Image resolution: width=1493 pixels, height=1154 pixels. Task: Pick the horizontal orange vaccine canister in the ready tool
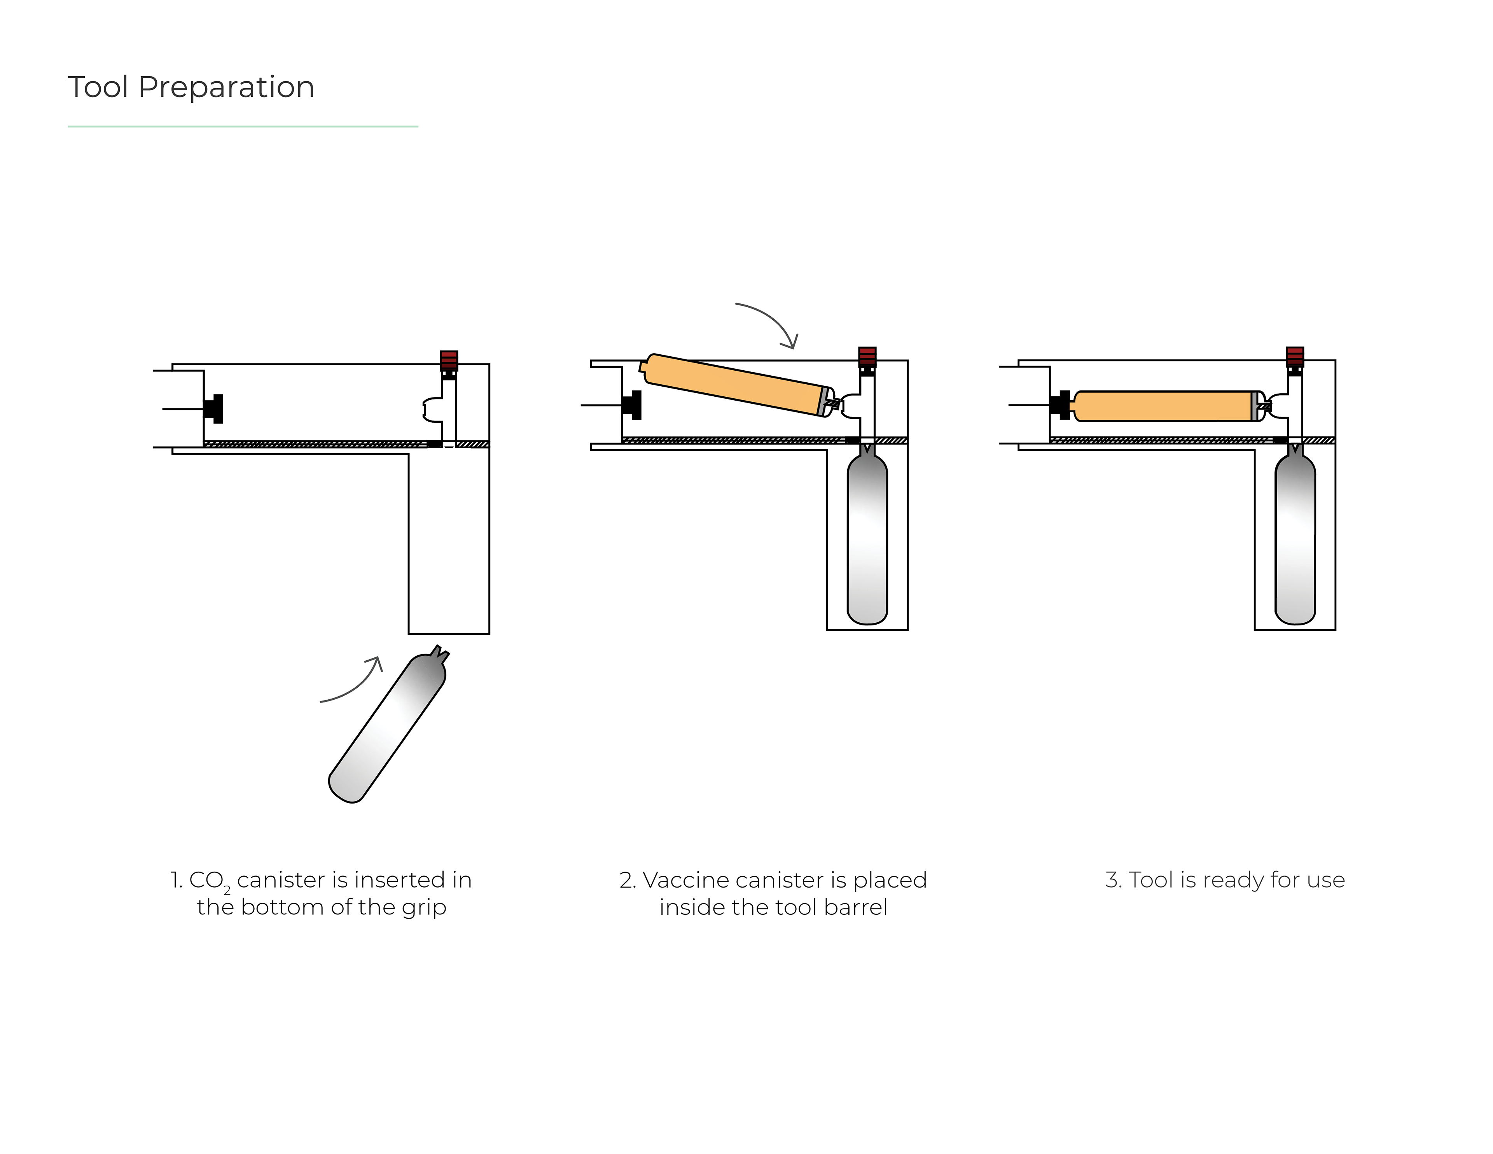click(1166, 406)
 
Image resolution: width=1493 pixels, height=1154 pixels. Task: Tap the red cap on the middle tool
click(867, 356)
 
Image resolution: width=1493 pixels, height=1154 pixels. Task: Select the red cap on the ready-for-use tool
click(1295, 356)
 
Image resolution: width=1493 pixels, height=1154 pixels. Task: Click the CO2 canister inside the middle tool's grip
click(867, 537)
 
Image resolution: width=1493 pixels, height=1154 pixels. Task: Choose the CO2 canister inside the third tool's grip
click(1295, 537)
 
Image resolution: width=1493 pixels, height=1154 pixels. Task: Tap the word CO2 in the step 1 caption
click(208, 881)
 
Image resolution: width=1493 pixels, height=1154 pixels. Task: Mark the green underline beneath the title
click(243, 126)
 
